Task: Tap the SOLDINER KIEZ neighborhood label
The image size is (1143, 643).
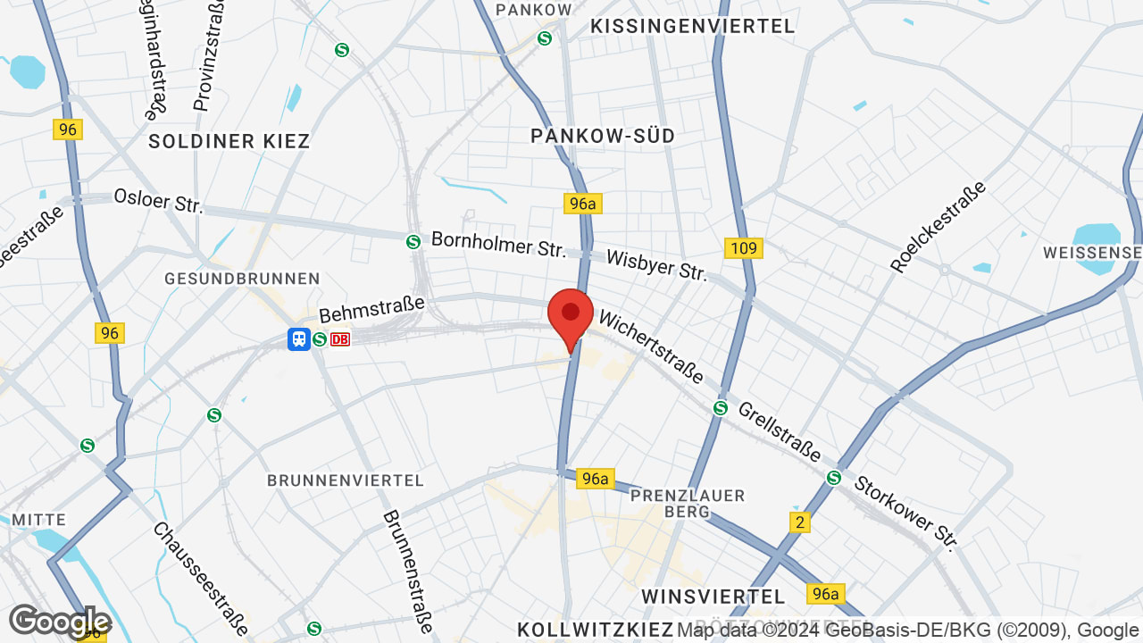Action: (x=229, y=141)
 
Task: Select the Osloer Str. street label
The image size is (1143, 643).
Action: (x=158, y=201)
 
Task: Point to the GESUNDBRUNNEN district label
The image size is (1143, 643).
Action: (x=242, y=279)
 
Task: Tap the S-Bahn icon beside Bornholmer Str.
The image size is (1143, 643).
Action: (x=413, y=241)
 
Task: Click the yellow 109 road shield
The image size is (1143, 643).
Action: (x=743, y=248)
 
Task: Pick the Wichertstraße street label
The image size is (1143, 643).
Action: (x=651, y=347)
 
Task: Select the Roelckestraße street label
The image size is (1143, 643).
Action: (x=939, y=227)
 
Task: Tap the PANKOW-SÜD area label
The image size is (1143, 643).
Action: (x=603, y=136)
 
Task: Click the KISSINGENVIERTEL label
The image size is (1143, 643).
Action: (x=693, y=27)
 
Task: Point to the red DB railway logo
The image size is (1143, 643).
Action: (x=339, y=339)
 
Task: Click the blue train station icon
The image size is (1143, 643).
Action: (x=298, y=339)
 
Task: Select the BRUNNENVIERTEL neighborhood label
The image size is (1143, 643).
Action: (x=346, y=480)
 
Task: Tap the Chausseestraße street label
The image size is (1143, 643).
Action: (x=200, y=579)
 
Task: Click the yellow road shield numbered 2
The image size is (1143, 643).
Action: (x=800, y=522)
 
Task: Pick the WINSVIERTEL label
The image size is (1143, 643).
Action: (x=713, y=596)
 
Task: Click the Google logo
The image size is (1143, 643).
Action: (x=60, y=622)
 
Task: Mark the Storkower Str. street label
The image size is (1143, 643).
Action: (x=905, y=513)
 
